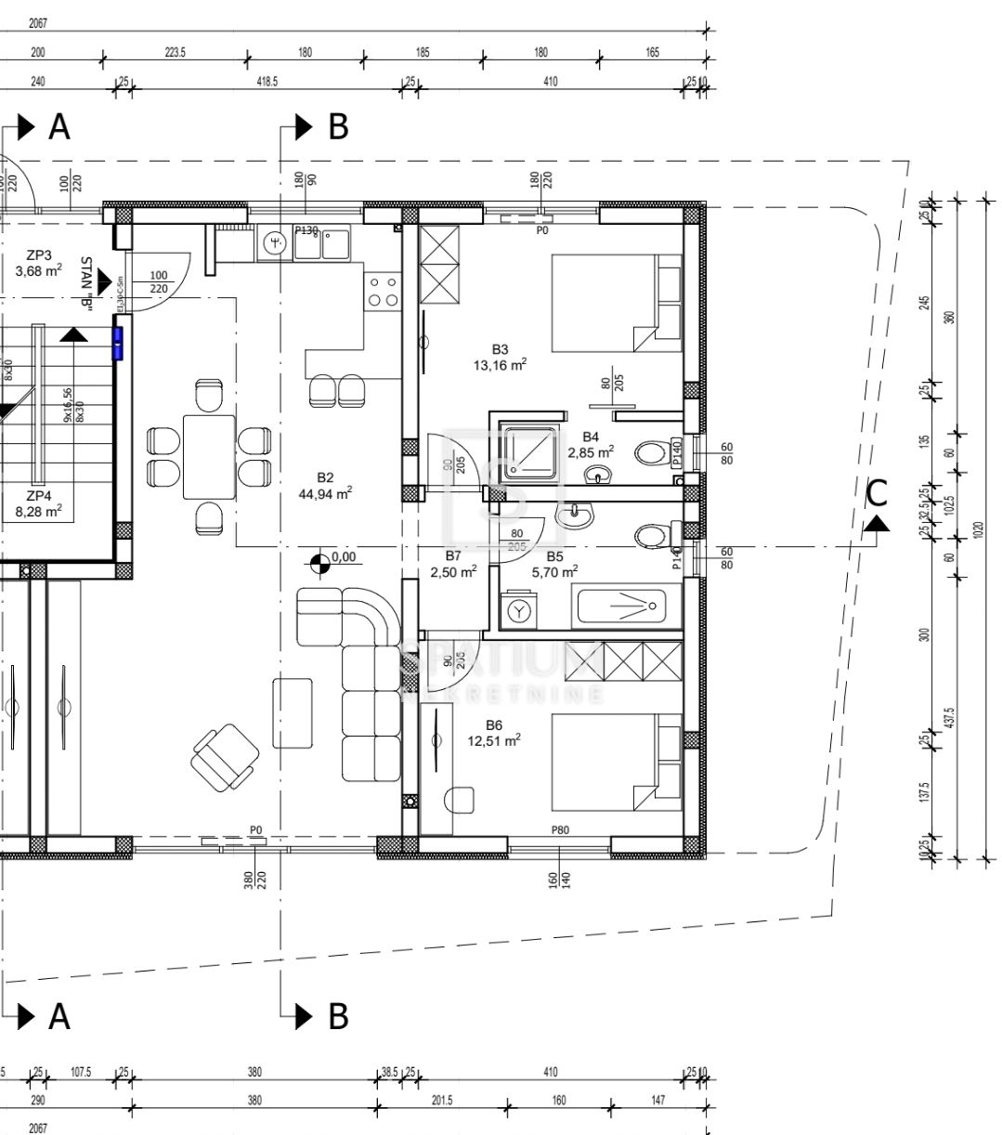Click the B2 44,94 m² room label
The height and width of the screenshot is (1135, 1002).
pos(324,485)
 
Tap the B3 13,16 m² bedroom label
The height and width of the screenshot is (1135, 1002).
pos(500,357)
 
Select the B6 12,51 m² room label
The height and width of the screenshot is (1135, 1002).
pos(494,733)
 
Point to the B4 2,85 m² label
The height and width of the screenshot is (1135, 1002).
pos(591,444)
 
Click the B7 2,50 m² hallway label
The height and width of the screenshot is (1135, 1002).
pos(453,564)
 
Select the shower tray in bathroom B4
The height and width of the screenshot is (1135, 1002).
pos(532,452)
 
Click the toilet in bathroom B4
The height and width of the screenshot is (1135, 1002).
pos(654,454)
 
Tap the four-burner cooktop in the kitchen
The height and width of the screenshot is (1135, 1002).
pos(383,291)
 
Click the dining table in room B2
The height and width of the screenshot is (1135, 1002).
pos(209,456)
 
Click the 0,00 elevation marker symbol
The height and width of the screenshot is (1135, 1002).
pos(319,560)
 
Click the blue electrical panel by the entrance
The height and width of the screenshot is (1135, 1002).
pos(118,342)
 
